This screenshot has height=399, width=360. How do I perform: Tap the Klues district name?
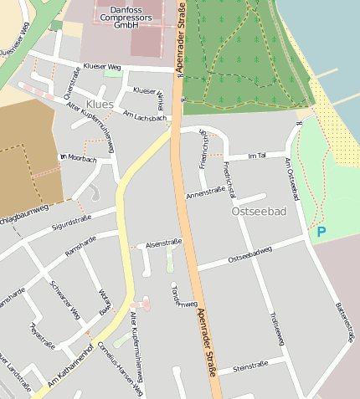coord(100,104)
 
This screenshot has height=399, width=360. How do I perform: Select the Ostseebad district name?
coord(258,212)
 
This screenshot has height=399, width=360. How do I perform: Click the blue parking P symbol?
coord(321,232)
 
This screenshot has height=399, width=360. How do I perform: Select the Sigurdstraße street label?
coord(71,221)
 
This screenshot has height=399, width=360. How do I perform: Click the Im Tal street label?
coord(257,156)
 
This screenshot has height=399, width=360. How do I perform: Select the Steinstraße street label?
coord(249,366)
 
